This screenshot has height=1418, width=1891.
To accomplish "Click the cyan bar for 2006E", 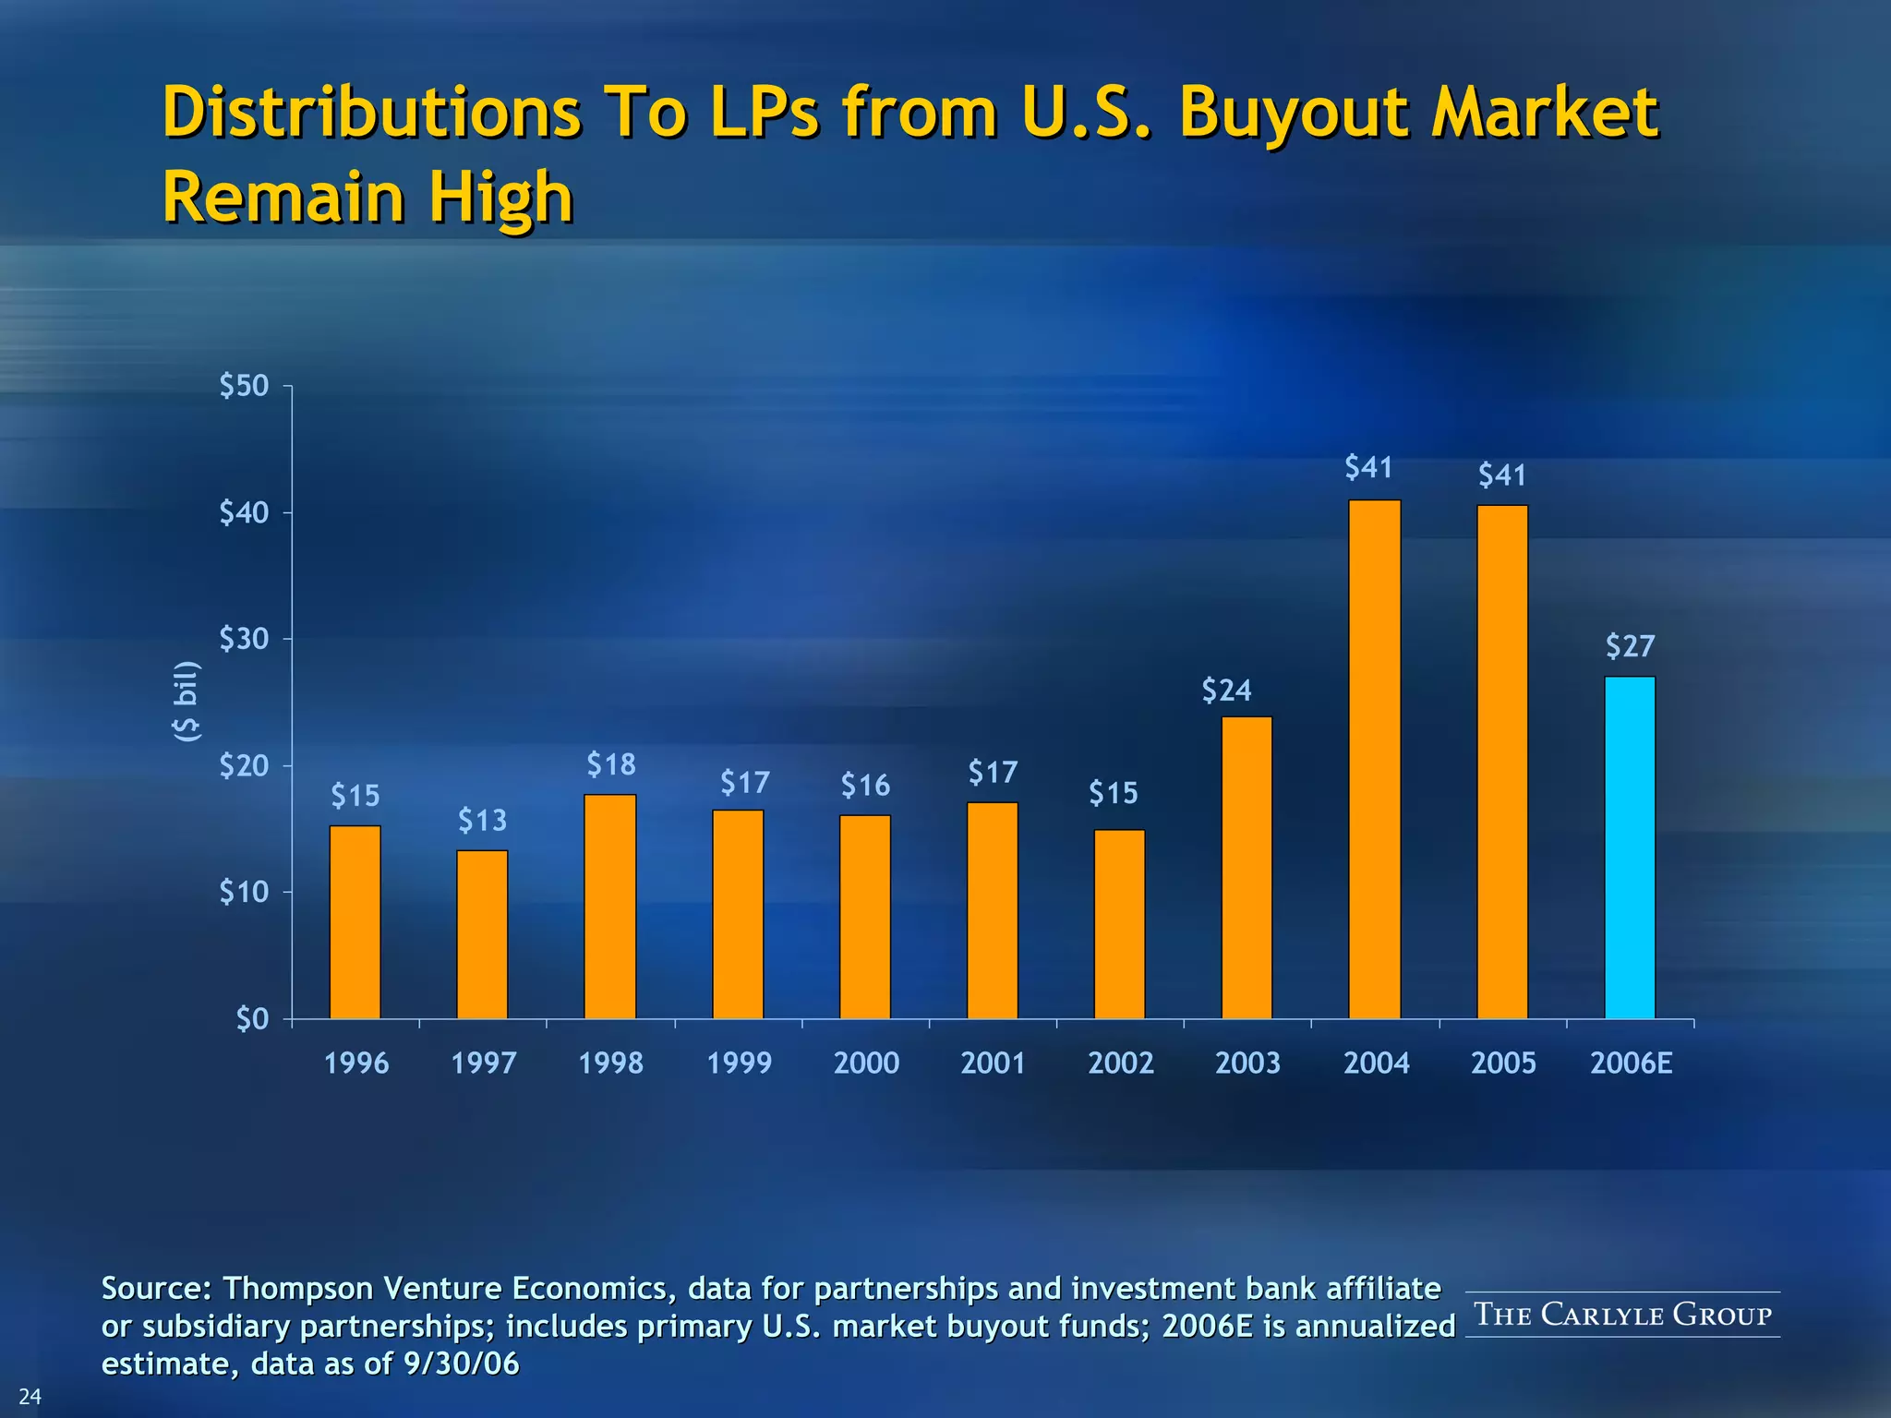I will point(1630,847).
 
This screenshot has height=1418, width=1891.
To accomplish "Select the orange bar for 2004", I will point(1374,759).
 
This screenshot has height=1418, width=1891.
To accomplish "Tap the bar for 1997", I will point(482,934).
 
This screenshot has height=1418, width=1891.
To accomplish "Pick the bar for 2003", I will point(1247,868).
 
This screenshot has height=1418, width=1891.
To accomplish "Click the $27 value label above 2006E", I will point(1630,646).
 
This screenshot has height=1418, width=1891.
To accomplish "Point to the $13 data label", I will point(482,820).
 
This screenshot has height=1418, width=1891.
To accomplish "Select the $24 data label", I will point(1226,691).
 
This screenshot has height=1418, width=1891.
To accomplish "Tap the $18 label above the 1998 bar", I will point(610,764).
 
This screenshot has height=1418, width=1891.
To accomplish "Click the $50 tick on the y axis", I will point(244,386).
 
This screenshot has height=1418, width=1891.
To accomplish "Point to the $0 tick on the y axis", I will point(252,1019).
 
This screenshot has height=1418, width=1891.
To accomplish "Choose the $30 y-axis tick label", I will point(244,639).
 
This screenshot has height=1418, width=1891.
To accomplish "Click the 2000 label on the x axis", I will point(866,1063).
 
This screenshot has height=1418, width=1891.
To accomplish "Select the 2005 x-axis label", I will point(1503,1063).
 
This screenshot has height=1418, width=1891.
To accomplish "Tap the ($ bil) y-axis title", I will point(187,702).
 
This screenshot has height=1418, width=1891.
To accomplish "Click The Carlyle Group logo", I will point(1622,1314).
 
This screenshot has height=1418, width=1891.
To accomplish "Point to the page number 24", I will point(30,1396).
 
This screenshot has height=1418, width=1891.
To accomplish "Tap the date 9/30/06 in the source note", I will point(462,1364).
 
